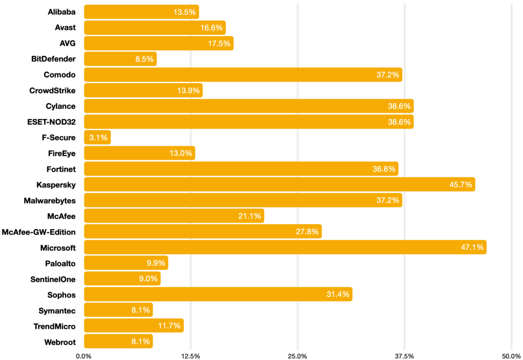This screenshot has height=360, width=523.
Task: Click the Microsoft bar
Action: tap(285, 247)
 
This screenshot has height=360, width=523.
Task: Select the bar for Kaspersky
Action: tap(280, 185)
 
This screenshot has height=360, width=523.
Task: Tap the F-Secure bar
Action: tap(97, 138)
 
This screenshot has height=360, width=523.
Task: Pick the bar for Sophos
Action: tap(218, 294)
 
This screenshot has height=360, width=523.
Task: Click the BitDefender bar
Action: tap(120, 59)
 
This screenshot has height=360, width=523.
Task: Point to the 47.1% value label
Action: tap(472, 247)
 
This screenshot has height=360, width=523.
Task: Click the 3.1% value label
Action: tap(98, 138)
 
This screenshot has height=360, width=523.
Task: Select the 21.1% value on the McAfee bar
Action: tap(250, 216)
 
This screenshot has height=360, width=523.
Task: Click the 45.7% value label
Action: tap(460, 185)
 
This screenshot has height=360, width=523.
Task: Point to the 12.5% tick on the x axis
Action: tap(191, 356)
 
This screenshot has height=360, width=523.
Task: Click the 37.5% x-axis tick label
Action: tap(404, 356)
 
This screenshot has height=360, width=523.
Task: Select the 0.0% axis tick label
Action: tap(84, 356)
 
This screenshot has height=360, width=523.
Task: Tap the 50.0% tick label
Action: tap(511, 356)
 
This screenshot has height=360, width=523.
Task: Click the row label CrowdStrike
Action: tap(52, 91)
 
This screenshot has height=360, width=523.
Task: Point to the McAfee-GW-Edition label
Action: tap(39, 232)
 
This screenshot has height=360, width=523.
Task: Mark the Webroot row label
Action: tap(60, 342)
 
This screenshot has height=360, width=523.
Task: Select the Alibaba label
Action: tap(62, 12)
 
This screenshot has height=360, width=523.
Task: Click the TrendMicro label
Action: tap(55, 326)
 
